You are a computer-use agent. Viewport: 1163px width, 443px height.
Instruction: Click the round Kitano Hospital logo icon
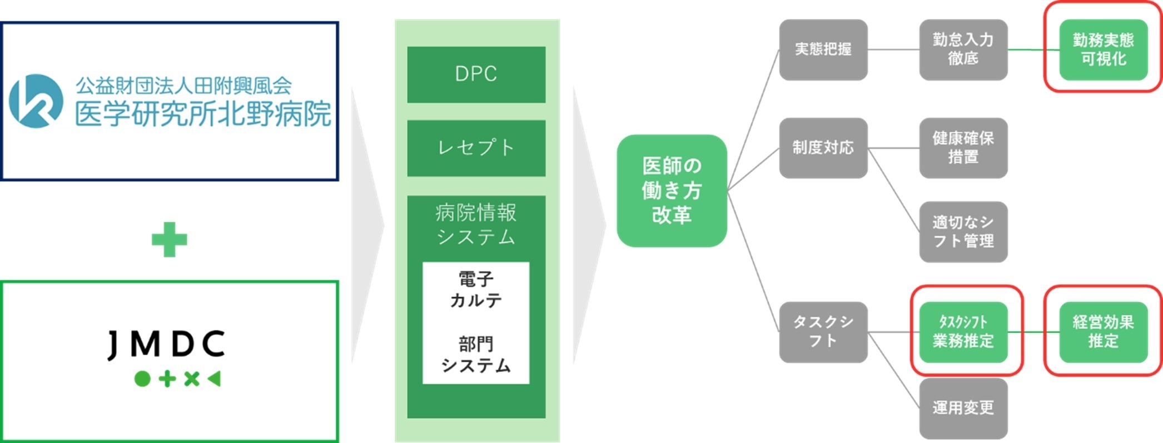coord(36,101)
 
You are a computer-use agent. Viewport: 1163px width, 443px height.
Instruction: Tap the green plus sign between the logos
coord(170,240)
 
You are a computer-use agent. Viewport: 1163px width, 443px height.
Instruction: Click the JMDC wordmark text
coord(167,344)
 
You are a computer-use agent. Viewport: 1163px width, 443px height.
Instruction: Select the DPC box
coord(476,74)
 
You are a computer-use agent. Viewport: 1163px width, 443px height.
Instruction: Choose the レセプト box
coord(476,148)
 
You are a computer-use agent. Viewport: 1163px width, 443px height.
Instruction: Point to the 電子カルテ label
coord(476,290)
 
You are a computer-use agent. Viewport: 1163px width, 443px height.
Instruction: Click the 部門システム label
coord(476,355)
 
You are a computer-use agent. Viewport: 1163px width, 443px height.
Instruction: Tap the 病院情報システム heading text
coord(476,224)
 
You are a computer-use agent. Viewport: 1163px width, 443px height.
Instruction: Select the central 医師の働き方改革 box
coord(672,191)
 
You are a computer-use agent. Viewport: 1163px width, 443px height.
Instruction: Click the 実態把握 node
coord(823,49)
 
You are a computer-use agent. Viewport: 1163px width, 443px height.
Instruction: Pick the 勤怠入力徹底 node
coord(963,49)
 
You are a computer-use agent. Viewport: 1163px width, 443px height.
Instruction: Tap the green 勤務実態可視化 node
coord(1103,49)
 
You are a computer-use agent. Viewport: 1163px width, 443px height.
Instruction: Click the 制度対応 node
coord(823,148)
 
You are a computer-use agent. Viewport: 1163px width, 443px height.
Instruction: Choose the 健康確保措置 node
coord(963,148)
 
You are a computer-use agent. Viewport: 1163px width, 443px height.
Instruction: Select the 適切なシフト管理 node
coord(963,232)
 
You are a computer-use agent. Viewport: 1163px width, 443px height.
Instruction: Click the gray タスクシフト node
coord(823,332)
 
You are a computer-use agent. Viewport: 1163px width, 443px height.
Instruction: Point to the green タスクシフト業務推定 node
coord(963,332)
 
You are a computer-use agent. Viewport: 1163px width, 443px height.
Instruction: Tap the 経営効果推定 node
coord(1103,332)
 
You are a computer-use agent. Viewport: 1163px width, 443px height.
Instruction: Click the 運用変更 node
coord(963,408)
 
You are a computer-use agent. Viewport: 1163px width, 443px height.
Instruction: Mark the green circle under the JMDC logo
coord(142,379)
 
